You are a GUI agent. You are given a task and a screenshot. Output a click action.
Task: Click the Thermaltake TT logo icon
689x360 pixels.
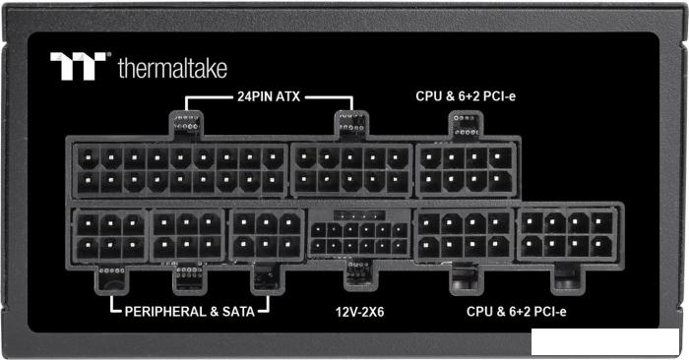click(x=79, y=66)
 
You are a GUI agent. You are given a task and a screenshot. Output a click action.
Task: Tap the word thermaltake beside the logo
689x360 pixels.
click(x=171, y=68)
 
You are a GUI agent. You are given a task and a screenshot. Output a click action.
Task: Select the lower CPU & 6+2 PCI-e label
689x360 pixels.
click(x=517, y=312)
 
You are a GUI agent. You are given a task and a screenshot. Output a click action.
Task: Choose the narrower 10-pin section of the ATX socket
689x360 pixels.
click(x=351, y=168)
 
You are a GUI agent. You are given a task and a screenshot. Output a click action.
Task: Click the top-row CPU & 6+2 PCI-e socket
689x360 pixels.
click(x=466, y=168)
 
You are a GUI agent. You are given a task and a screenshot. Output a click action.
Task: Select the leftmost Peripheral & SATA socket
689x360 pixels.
click(x=108, y=236)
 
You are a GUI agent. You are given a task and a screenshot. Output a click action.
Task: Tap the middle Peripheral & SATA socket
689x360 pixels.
click(x=187, y=236)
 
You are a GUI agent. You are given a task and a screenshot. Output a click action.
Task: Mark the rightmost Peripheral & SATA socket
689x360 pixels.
click(x=266, y=236)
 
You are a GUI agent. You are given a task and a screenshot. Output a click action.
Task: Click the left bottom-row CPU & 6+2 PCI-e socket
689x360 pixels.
click(x=463, y=236)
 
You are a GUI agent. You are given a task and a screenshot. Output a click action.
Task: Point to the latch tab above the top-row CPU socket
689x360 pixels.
click(x=466, y=124)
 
